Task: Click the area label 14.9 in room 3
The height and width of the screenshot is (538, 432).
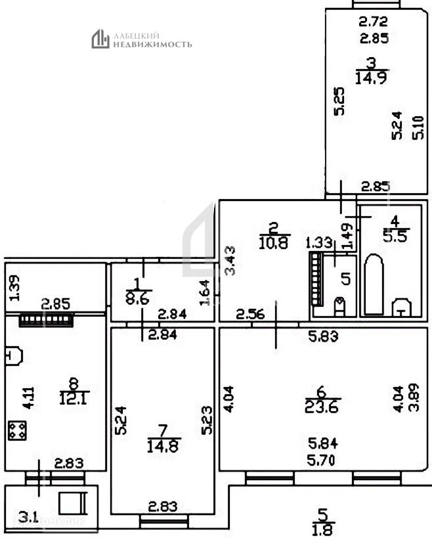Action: (371, 78)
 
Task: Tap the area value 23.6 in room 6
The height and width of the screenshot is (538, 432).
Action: (321, 407)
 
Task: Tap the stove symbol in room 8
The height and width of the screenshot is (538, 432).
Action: (16, 430)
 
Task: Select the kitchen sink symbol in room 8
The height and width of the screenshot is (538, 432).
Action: (13, 356)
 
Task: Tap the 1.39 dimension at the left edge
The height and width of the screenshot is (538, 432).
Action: (15, 289)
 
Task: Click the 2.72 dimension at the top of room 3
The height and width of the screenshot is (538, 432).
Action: (372, 22)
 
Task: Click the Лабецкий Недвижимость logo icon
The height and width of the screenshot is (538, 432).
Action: (100, 39)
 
